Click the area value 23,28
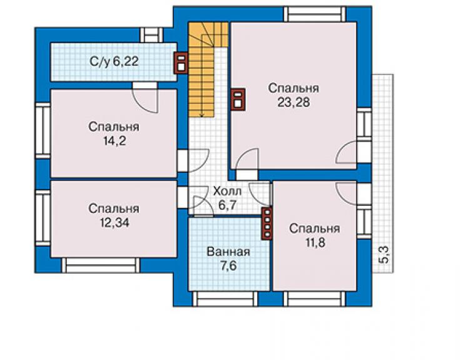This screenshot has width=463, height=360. pyautogui.click(x=293, y=102)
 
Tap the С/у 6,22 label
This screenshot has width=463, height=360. pyautogui.click(x=114, y=62)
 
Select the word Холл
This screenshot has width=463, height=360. pyautogui.click(x=227, y=191)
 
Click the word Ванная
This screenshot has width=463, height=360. pyautogui.click(x=228, y=252)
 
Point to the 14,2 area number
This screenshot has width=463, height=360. pyautogui.click(x=114, y=141)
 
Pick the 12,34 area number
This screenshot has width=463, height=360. pyautogui.click(x=114, y=222)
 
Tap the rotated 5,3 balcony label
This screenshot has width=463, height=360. pyautogui.click(x=384, y=255)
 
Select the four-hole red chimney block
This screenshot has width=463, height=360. pyautogui.click(x=267, y=223)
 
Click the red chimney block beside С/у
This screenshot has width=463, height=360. pyautogui.click(x=181, y=63)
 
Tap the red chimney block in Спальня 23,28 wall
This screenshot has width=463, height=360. pyautogui.click(x=238, y=100)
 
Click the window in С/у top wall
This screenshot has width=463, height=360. pyautogui.click(x=151, y=35)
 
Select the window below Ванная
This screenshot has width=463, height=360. pyautogui.click(x=226, y=299)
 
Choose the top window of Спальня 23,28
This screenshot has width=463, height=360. pyautogui.click(x=315, y=14)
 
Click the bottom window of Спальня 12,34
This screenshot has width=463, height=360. pyautogui.click(x=100, y=265)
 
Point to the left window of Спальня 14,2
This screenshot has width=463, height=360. pyautogui.click(x=43, y=130)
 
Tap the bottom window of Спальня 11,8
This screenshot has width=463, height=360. pyautogui.click(x=315, y=299)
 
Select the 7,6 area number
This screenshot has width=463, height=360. pyautogui.click(x=228, y=266)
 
